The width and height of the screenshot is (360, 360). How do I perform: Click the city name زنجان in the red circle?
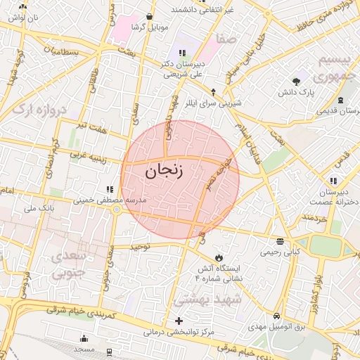click(163, 172)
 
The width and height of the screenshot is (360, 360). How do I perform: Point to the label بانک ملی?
click(39, 209)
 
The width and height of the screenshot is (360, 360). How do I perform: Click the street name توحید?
click(139, 247)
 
